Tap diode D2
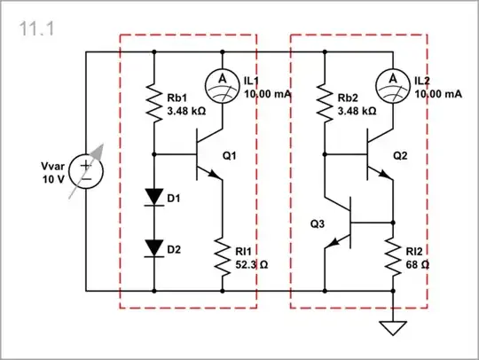[154, 249]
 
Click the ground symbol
[392, 328]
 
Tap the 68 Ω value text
[420, 263]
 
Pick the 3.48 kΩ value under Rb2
[357, 113]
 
